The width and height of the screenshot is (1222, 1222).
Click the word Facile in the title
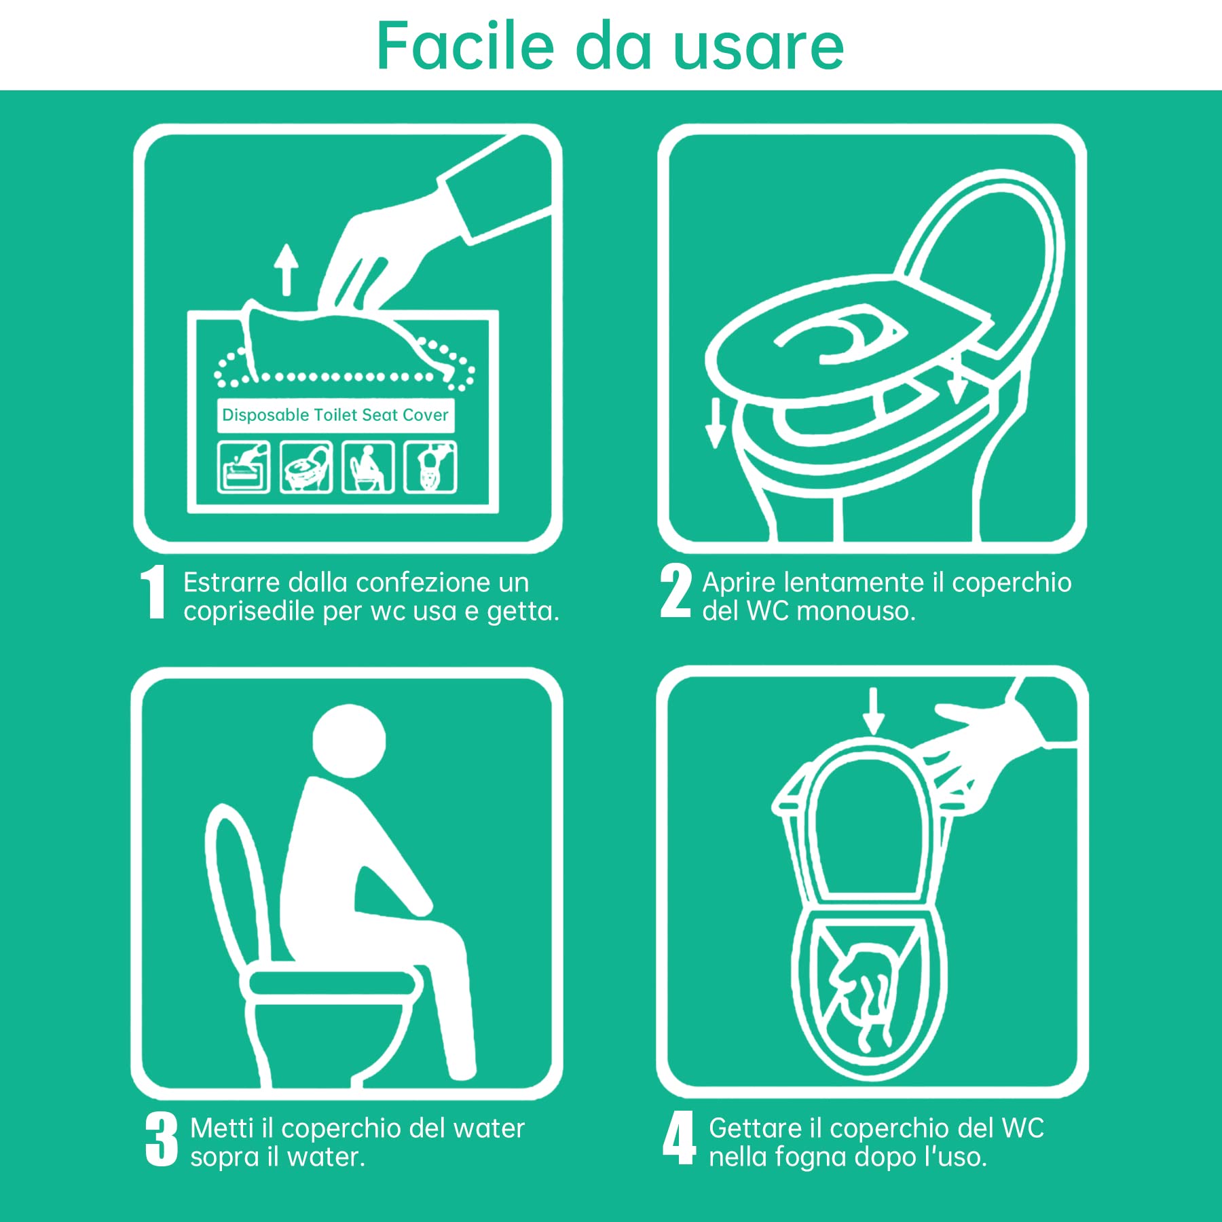(465, 45)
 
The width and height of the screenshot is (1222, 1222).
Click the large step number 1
(153, 593)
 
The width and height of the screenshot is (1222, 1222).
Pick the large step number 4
(680, 1138)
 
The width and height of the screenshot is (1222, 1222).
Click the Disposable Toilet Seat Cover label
(335, 415)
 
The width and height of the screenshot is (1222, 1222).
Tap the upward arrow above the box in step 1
(286, 270)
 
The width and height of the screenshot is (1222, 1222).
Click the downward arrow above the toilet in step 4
(873, 711)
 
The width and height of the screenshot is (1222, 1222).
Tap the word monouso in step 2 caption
(856, 611)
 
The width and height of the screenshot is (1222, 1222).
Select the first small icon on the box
(243, 466)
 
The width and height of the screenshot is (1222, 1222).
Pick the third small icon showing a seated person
(368, 466)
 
